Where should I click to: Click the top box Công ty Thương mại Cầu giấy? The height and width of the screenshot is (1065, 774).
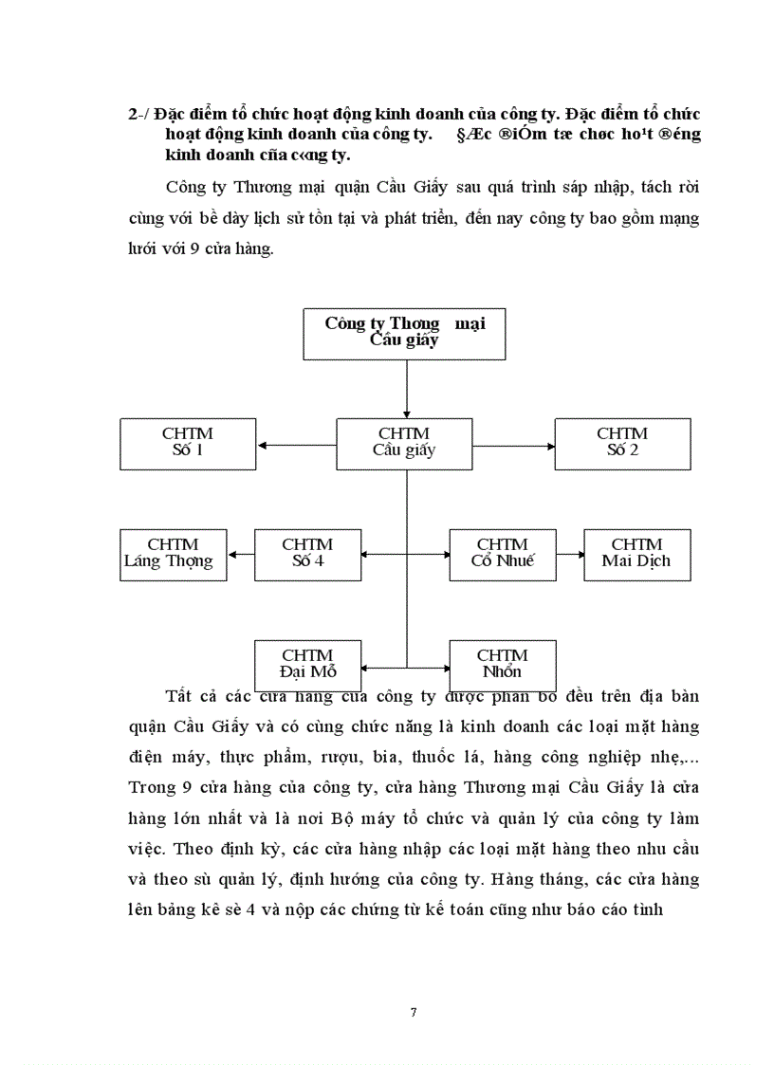click(x=405, y=332)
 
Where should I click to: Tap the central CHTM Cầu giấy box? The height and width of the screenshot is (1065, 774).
click(x=405, y=443)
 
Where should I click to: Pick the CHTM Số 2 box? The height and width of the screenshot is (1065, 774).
click(x=622, y=443)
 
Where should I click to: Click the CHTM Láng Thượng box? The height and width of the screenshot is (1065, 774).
click(x=174, y=554)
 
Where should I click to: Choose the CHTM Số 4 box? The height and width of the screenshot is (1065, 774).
click(x=307, y=554)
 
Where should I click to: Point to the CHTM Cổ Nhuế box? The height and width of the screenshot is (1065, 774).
click(x=502, y=554)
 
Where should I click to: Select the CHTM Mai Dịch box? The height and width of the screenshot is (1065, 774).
click(x=636, y=554)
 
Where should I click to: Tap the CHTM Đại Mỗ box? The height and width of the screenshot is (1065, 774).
click(x=307, y=664)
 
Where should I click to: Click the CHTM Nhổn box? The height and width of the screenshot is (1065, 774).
click(x=502, y=664)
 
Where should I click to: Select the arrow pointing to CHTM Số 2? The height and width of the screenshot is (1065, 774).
click(x=513, y=444)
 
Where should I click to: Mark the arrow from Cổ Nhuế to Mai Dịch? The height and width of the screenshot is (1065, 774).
click(x=569, y=555)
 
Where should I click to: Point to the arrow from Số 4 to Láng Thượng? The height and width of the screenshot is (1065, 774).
click(x=241, y=555)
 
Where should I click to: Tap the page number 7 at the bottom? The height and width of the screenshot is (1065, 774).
click(x=413, y=1012)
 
